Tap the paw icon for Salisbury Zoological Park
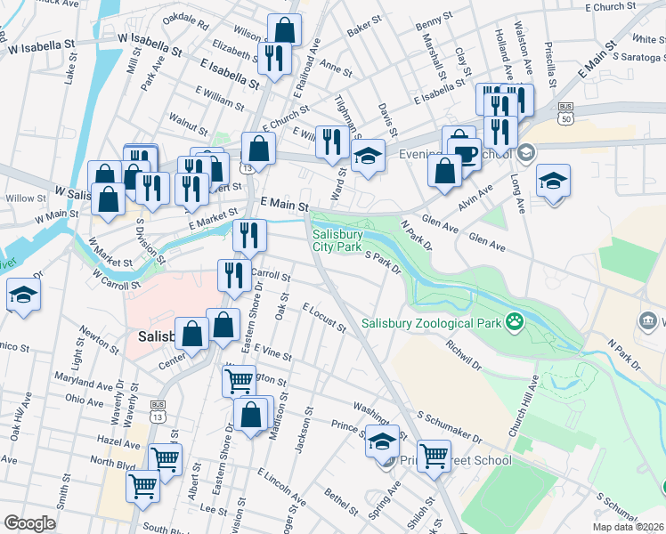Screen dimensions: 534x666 [514, 320]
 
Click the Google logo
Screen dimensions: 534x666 [29, 522]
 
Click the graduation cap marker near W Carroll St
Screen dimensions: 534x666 [23, 295]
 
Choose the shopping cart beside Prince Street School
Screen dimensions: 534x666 [434, 455]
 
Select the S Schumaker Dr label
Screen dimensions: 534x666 [449, 427]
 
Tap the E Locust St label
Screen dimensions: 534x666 [323, 318]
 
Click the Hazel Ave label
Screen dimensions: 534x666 [120, 443]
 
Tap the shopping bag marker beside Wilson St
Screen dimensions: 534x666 [284, 29]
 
